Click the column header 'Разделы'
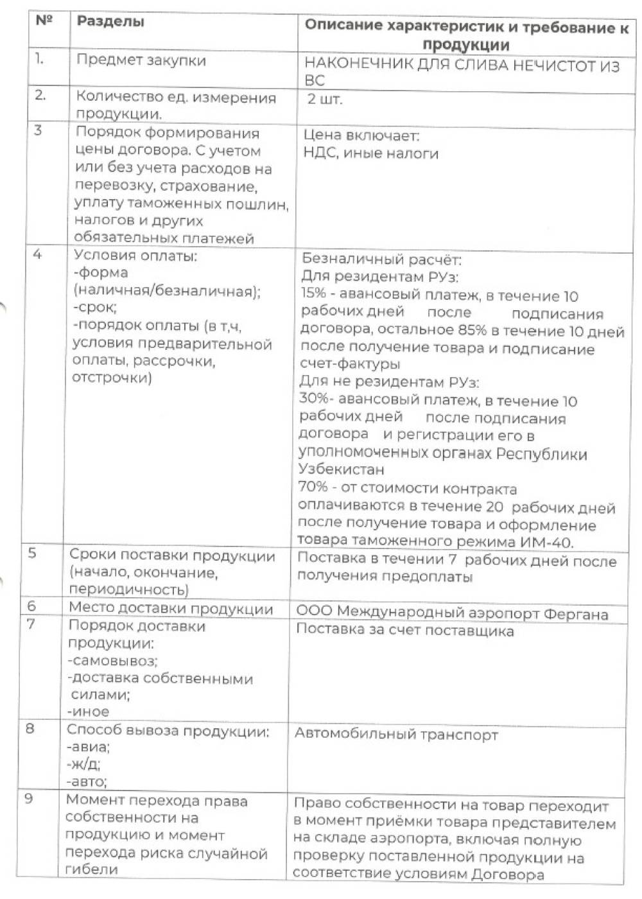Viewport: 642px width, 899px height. click(110, 21)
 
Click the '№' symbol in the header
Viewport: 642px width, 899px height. click(44, 20)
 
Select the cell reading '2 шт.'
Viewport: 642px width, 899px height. click(325, 99)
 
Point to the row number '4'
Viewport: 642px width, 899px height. click(37, 254)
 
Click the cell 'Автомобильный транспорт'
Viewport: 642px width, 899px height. click(396, 735)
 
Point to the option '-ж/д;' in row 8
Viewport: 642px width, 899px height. click(84, 764)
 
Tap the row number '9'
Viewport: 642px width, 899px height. click(29, 798)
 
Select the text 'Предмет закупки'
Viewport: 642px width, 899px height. click(141, 61)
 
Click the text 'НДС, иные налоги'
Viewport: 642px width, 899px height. click(371, 153)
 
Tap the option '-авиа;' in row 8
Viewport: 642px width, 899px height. click(89, 747)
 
